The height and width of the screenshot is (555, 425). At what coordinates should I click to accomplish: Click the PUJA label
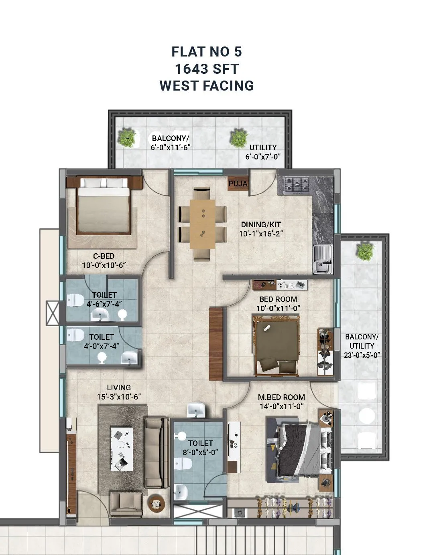[x=238, y=184]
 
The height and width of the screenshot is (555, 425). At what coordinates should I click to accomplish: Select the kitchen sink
[x=323, y=259]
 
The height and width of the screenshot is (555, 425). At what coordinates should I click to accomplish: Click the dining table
[x=203, y=224]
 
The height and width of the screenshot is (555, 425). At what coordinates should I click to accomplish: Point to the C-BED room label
[x=104, y=256]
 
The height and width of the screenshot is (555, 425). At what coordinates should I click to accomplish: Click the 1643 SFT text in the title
[x=207, y=69]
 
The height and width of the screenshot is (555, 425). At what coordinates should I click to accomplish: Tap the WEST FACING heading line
[x=207, y=86]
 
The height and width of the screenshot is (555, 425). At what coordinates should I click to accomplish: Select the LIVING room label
[x=119, y=387]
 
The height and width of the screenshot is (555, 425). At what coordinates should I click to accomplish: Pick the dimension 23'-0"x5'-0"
[x=362, y=355]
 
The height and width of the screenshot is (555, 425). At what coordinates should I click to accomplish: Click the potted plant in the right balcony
[x=365, y=251]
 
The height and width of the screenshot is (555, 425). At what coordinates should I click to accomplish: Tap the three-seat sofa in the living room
[x=156, y=452]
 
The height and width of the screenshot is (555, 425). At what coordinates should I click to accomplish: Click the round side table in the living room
[x=156, y=503]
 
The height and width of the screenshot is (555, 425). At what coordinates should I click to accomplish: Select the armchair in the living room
[x=126, y=504]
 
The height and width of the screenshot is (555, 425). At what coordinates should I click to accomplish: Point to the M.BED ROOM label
[x=281, y=397]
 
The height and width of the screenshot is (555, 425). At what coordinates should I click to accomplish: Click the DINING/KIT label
[x=261, y=224]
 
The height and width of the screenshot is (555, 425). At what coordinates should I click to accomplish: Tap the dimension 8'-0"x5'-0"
[x=200, y=452]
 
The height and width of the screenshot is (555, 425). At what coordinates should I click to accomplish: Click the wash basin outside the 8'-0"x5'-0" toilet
[x=196, y=410]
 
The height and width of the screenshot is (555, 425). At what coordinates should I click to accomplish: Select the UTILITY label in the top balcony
[x=263, y=147]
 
